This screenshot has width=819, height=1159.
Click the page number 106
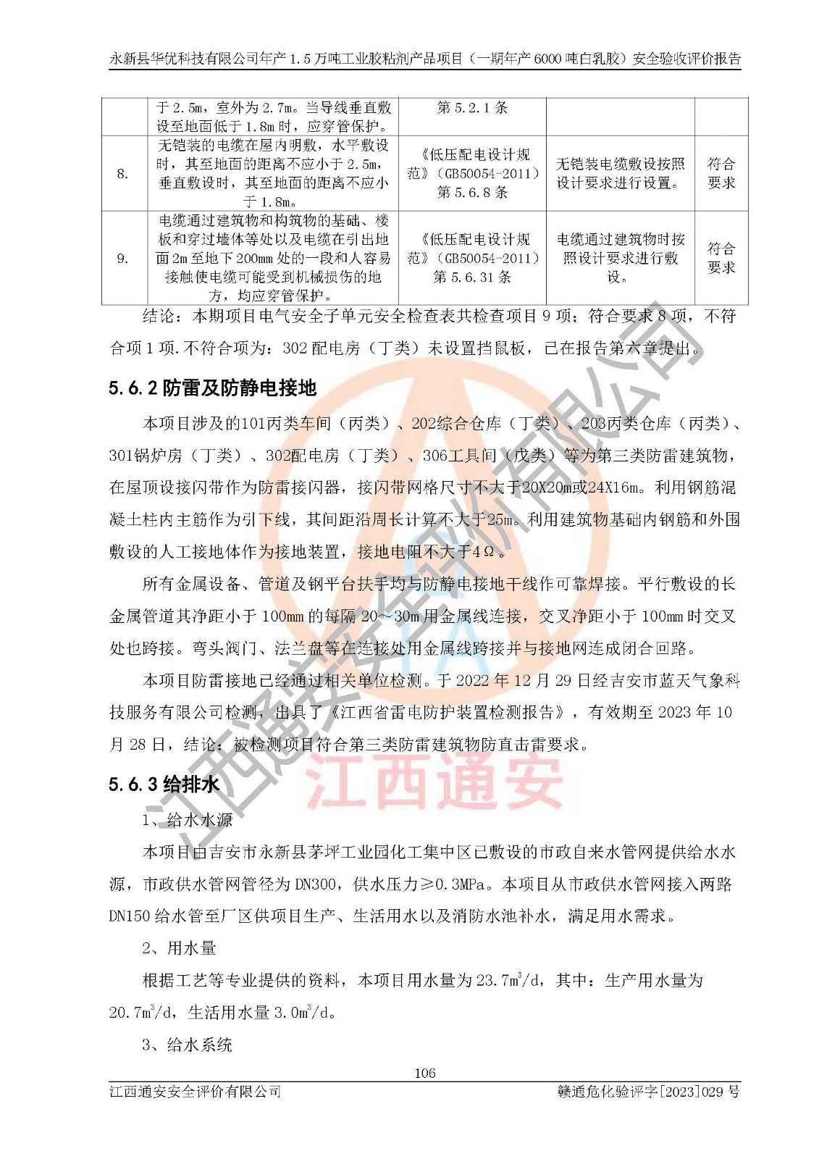coord(424,1073)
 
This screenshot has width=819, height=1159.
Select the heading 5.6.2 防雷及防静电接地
coord(213,388)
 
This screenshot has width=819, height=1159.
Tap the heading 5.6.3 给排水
coord(164,784)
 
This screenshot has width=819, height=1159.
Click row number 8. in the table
coord(123,174)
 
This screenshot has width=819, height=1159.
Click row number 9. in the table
coord(123,259)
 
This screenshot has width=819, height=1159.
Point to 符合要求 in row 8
coord(721,174)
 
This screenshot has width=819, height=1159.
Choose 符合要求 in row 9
coord(721,259)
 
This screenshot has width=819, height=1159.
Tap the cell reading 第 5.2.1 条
coord(472,108)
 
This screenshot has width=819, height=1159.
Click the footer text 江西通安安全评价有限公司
coord(195,1092)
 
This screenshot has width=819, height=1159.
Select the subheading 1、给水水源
coord(188,820)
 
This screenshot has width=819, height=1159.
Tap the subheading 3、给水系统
coord(188,1045)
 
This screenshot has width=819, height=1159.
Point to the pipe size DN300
coord(314,884)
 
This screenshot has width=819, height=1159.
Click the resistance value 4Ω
coord(483,552)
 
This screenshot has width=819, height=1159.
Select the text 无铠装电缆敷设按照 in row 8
coord(620,164)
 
